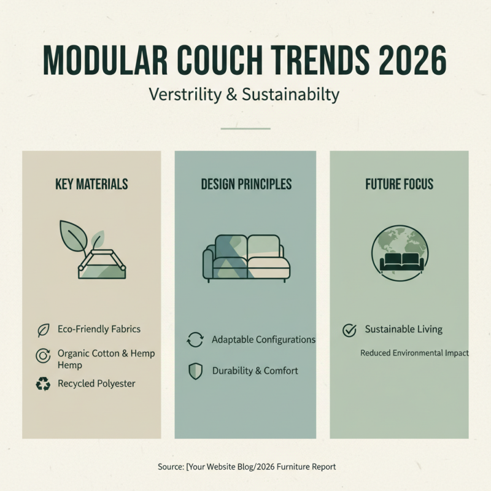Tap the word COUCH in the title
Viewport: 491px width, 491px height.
(201, 62)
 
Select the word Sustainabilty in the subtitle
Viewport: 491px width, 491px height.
(290, 95)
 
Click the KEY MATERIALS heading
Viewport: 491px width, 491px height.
(91, 184)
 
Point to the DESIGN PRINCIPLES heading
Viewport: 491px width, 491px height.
(246, 184)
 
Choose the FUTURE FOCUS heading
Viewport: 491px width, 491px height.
(399, 184)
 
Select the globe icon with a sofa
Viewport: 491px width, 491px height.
(400, 252)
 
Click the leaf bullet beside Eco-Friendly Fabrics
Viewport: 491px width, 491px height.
(43, 330)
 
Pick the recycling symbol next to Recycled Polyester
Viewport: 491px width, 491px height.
(43, 384)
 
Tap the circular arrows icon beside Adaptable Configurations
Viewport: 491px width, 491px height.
(195, 340)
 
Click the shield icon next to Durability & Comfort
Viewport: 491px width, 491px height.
(195, 371)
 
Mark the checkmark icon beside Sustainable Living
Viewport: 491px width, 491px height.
(349, 330)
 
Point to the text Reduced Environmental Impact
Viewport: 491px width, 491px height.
(414, 353)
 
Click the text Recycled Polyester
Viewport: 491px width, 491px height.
(96, 384)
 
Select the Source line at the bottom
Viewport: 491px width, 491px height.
(246, 467)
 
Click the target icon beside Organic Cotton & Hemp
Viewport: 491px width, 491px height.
(43, 355)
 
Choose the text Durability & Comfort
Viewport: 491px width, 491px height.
(255, 371)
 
